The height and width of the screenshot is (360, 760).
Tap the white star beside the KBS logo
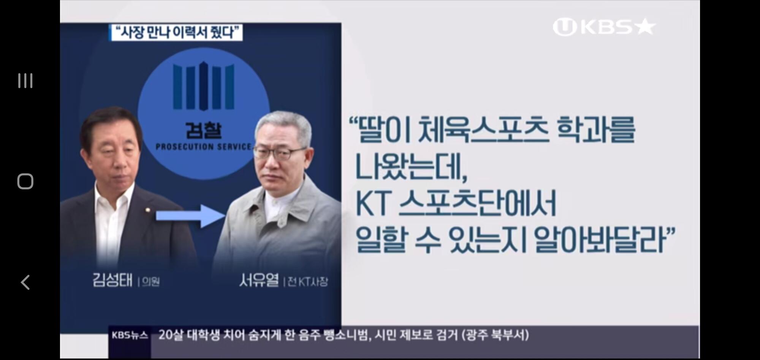point(646,27)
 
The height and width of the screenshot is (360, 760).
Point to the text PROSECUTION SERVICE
point(204,147)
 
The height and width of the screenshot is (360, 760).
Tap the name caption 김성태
point(112,281)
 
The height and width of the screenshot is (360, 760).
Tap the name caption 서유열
point(259,281)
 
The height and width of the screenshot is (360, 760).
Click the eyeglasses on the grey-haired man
point(280,153)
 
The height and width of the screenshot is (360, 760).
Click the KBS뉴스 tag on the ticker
point(130,335)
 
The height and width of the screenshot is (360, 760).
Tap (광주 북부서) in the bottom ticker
point(496,335)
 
